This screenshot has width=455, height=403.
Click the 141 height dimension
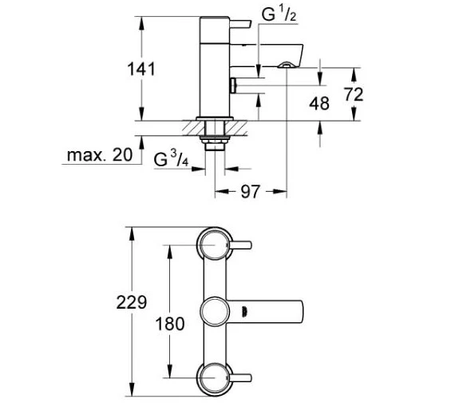coord(141,70)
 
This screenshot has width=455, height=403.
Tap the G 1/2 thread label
coord(279,14)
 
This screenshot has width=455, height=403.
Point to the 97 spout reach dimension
coord(250,192)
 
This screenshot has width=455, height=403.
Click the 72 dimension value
coord(354,94)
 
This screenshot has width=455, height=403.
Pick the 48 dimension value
coord(319,103)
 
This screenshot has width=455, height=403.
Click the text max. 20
coord(100,155)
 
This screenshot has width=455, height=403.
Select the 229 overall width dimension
coord(132,302)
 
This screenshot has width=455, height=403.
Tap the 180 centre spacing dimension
coord(170,324)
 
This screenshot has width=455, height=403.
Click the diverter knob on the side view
coord(234,86)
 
